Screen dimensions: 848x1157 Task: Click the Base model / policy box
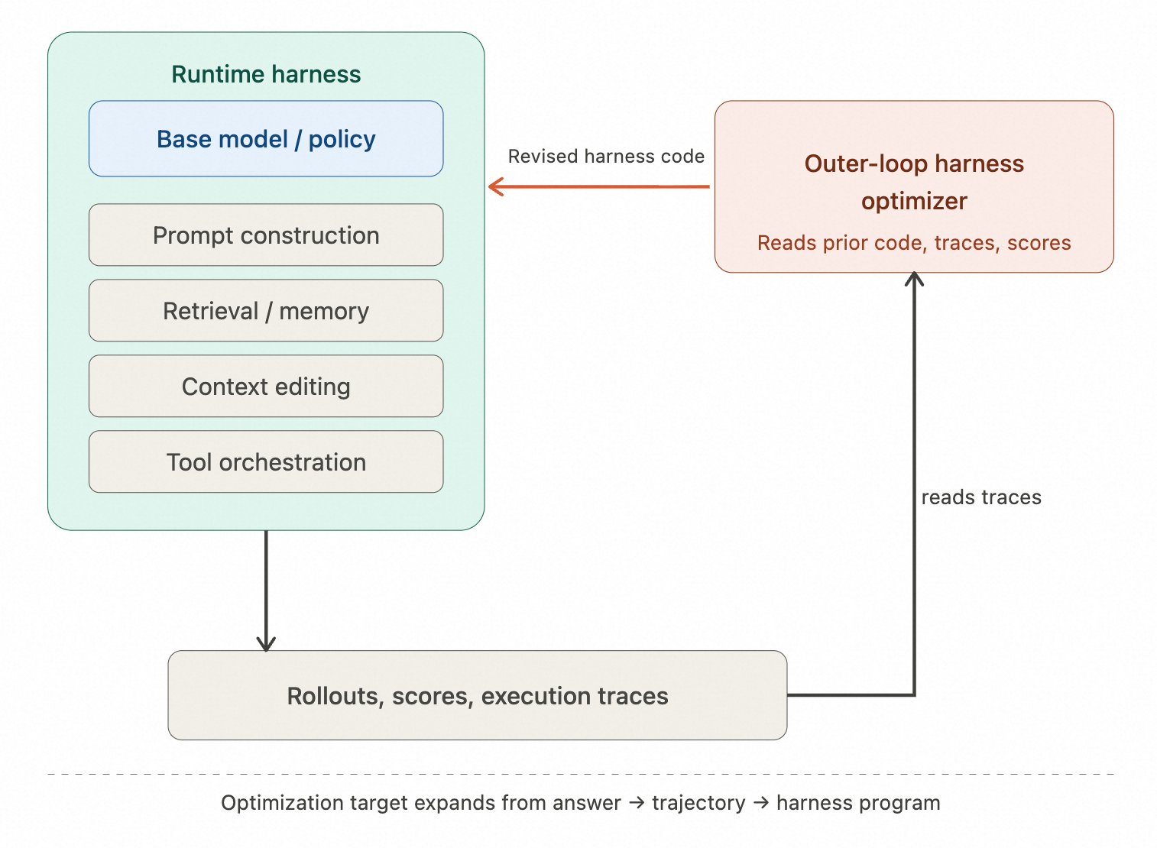[266, 139]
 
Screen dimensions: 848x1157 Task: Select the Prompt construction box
[266, 235]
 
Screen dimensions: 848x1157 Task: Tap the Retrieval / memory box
[266, 311]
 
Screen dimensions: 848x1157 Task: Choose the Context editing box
[266, 387]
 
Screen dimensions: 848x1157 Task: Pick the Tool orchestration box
[266, 462]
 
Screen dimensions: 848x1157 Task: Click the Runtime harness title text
[266, 74]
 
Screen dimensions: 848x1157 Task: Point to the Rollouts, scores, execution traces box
[477, 695]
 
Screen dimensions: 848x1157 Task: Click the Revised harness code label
[606, 157]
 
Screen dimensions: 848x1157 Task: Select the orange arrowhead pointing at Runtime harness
[495, 186]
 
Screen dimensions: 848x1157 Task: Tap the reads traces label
[981, 497]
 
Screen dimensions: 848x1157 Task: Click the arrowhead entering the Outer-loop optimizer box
[914, 278]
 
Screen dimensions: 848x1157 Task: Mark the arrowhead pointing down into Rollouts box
[266, 643]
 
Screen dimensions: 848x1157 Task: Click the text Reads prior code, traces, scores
[914, 243]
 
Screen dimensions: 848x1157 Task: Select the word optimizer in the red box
[914, 201]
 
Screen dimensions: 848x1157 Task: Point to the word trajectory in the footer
[698, 803]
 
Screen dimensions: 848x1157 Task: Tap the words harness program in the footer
[858, 803]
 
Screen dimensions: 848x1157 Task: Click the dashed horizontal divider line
[581, 774]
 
